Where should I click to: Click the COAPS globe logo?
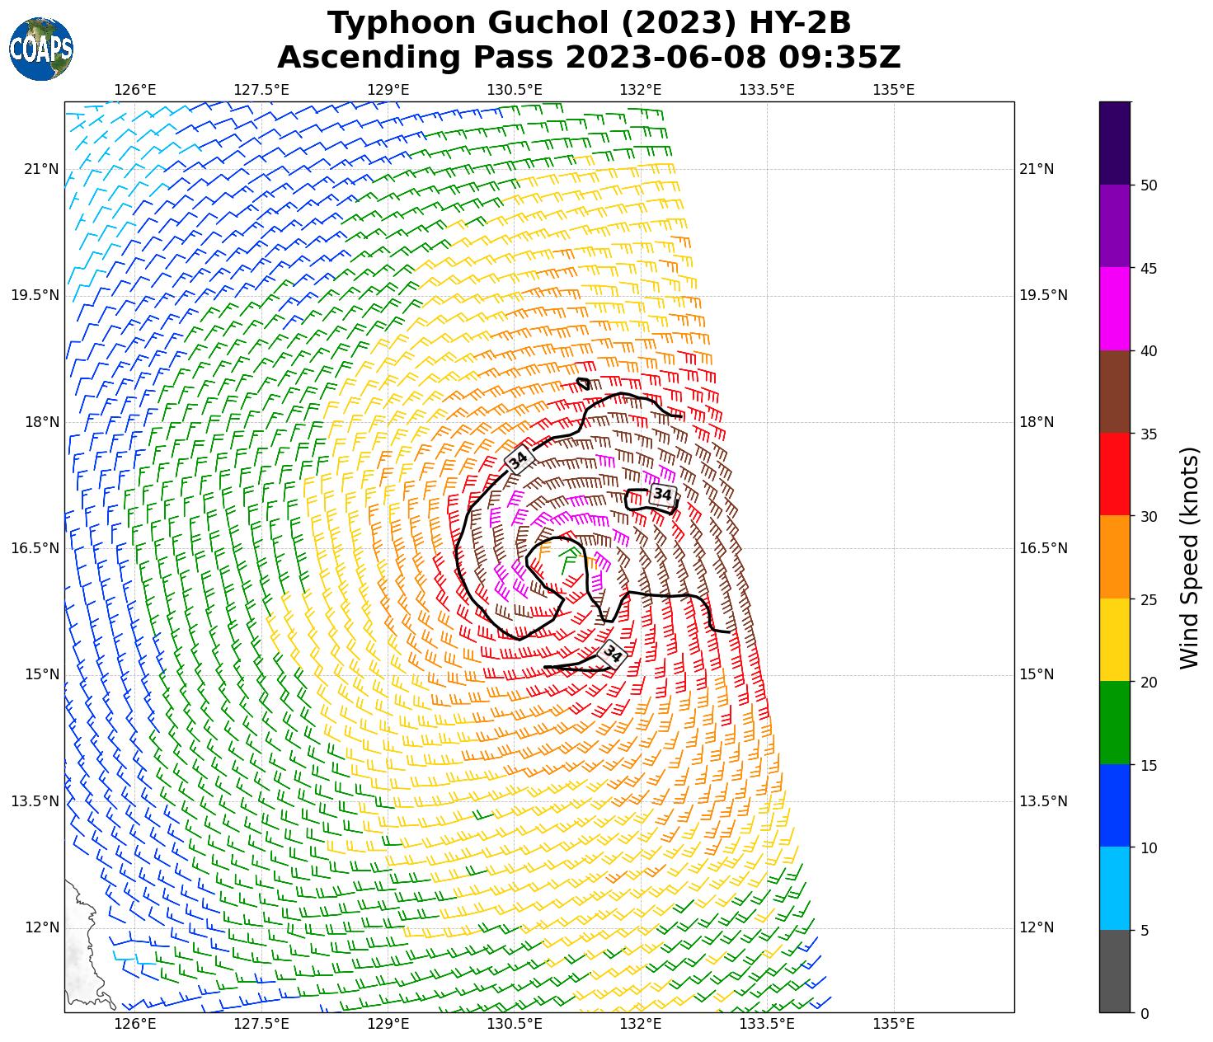[x=41, y=49]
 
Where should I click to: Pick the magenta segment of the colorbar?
[x=1115, y=309]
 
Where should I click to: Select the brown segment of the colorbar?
[x=1115, y=392]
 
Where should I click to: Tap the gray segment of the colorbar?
[x=1115, y=971]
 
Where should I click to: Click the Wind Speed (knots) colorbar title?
[x=1188, y=558]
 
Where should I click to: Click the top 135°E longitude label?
[x=893, y=89]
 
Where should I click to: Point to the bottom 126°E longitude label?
[x=135, y=1024]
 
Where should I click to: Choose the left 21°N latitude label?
[x=41, y=170]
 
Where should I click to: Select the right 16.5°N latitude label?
[x=1043, y=548]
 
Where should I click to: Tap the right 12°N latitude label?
[x=1037, y=927]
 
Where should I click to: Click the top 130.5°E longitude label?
[x=515, y=89]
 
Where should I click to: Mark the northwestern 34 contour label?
[x=518, y=460]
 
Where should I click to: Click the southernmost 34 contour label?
[x=613, y=654]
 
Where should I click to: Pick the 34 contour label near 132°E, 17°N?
[x=662, y=495]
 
